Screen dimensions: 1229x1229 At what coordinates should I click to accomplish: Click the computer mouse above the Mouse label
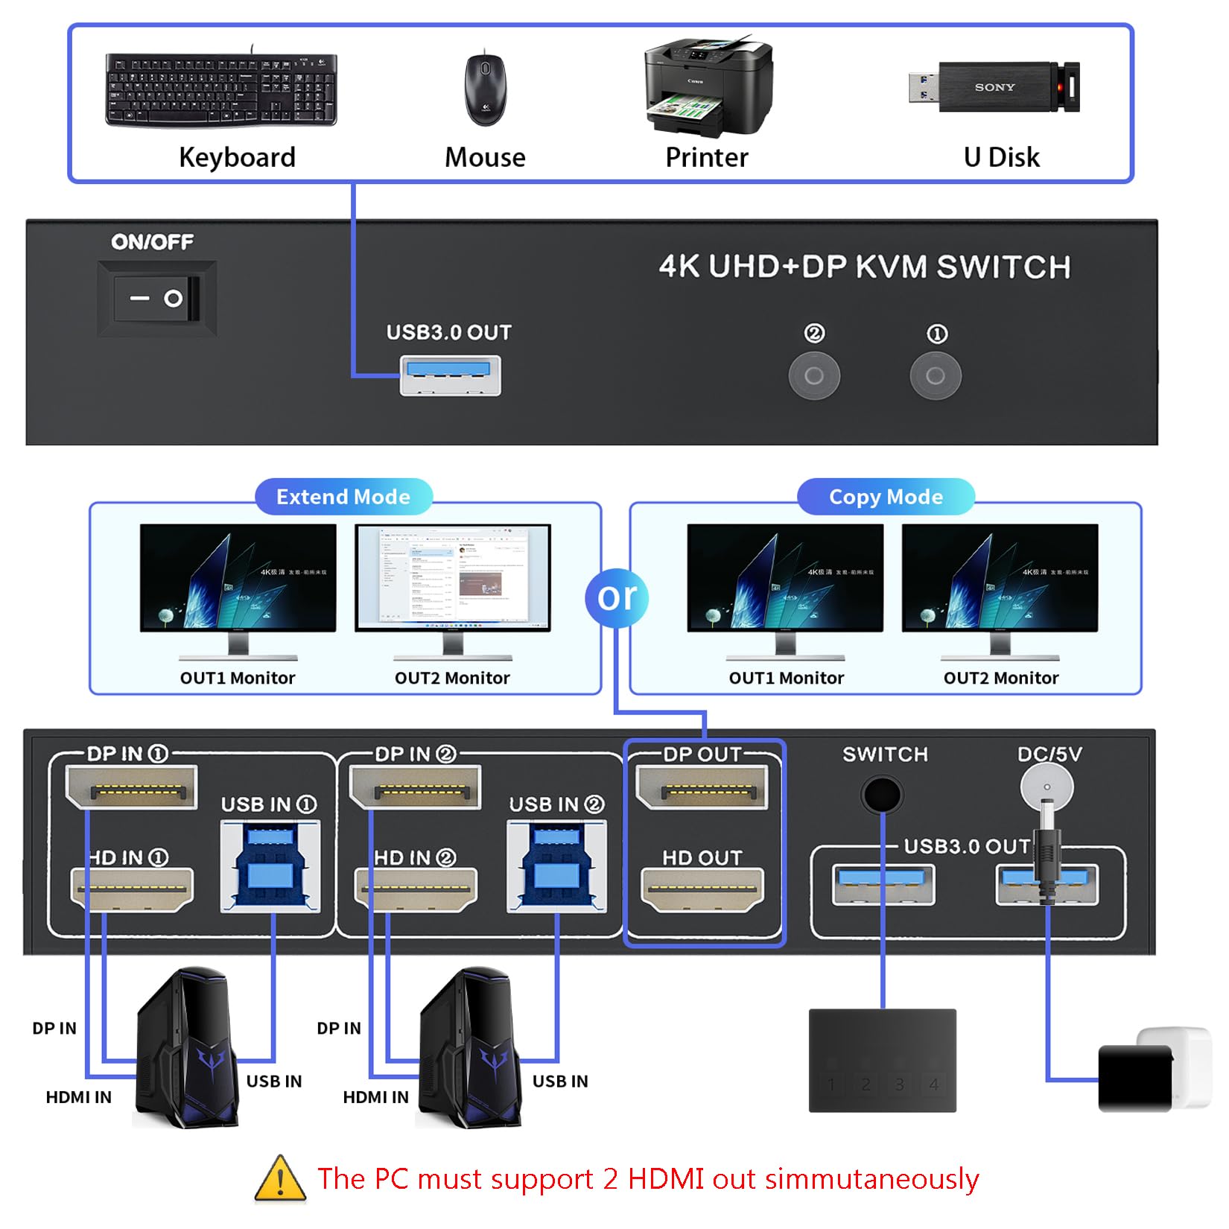tap(485, 89)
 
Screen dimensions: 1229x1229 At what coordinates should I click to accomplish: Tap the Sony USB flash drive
tap(994, 87)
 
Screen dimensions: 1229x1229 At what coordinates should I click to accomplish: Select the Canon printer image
tap(708, 87)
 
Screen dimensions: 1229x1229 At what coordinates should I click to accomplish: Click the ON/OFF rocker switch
tap(157, 298)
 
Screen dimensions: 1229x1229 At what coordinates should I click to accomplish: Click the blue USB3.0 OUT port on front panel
tap(450, 375)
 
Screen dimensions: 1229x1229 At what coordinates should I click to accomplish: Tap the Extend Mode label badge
tap(343, 497)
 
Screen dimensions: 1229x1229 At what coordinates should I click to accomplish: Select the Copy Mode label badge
tap(886, 497)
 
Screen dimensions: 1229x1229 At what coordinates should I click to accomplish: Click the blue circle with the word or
tap(617, 597)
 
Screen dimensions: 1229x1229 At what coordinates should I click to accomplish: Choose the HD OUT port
tap(702, 889)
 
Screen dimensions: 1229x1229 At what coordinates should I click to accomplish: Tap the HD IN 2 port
tap(416, 889)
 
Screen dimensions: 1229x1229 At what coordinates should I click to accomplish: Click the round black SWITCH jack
tap(882, 795)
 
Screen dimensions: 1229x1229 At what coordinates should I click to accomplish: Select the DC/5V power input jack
tap(1047, 787)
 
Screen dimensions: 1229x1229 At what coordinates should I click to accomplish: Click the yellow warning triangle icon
tap(280, 1179)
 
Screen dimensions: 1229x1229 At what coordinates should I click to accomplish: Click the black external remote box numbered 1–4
tap(882, 1060)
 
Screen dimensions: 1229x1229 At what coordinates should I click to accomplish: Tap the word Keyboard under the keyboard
tap(237, 157)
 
